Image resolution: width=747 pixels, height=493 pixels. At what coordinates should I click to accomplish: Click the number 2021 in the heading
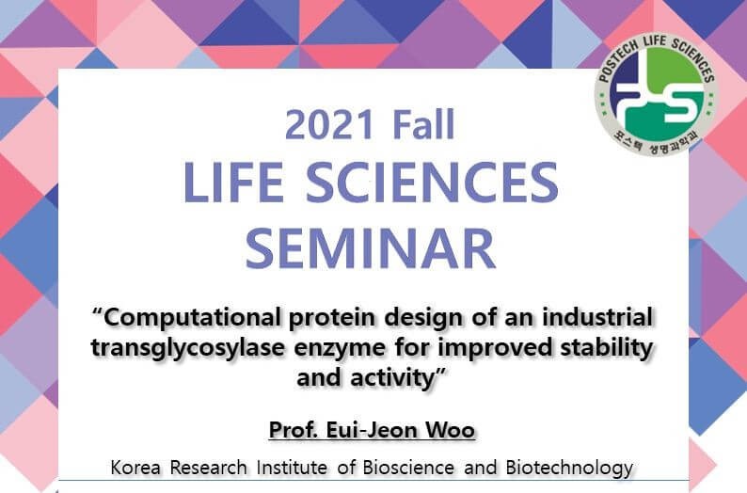pyautogui.click(x=329, y=125)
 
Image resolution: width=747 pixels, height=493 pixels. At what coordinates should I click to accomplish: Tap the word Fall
pyautogui.click(x=424, y=124)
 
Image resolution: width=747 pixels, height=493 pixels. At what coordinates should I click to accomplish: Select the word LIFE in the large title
pyautogui.click(x=234, y=182)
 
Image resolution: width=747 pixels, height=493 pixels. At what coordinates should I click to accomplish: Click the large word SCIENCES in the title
pyautogui.click(x=432, y=182)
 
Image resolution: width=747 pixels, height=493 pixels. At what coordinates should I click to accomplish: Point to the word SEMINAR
pyautogui.click(x=371, y=248)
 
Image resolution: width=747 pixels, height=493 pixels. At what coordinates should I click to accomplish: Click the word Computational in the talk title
pyautogui.click(x=192, y=318)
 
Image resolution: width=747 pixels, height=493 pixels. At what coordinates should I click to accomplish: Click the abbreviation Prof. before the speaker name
pyautogui.click(x=294, y=430)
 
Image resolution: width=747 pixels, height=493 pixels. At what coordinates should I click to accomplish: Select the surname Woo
pyautogui.click(x=451, y=431)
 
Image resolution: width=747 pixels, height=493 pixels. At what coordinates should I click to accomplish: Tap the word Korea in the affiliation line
pyautogui.click(x=135, y=468)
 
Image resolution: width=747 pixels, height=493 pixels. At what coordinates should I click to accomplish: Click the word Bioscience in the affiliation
pyautogui.click(x=408, y=468)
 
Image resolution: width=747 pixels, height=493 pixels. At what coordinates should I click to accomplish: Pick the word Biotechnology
pyautogui.click(x=570, y=468)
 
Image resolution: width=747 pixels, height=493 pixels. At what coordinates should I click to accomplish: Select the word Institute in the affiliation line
pyautogui.click(x=292, y=468)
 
